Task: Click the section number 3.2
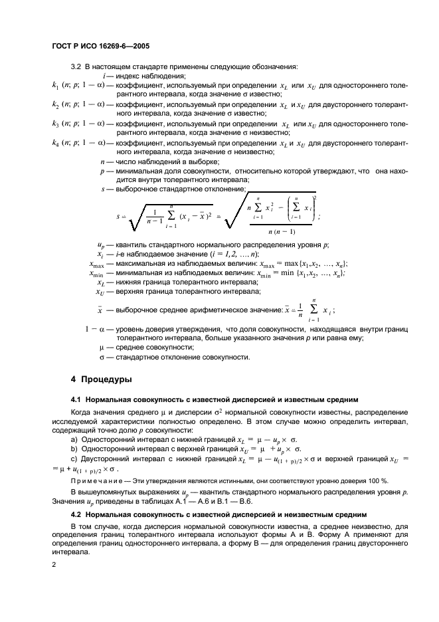point(76,66)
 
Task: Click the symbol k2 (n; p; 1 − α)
point(77,104)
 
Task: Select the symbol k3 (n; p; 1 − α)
point(77,124)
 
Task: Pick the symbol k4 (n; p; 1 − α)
point(77,143)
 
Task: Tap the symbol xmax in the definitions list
point(100,264)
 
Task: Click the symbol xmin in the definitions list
point(100,273)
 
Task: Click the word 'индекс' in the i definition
point(130,76)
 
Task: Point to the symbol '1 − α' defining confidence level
point(97,329)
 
